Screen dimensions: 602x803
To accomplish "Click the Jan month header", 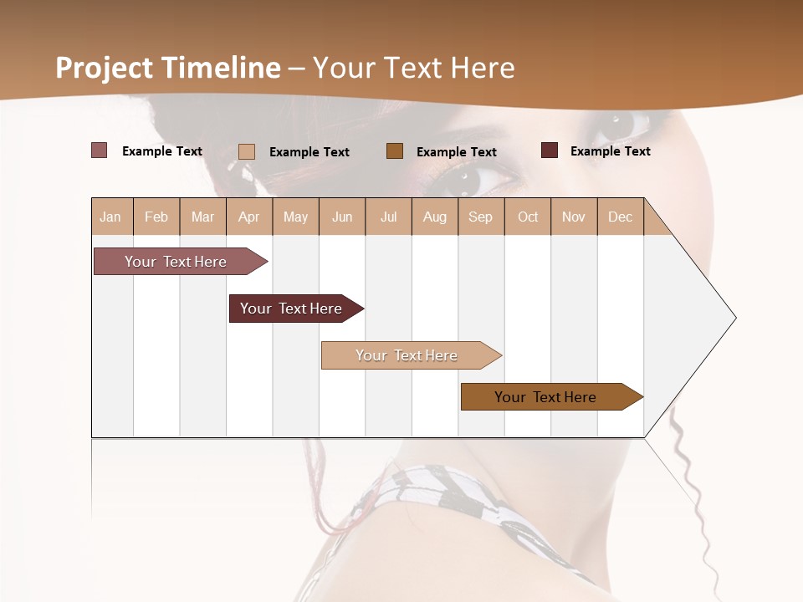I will tap(111, 217).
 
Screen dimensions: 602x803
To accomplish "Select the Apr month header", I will tap(249, 217).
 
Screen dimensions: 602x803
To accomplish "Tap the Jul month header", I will tap(388, 217).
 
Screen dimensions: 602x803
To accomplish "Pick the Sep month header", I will tap(480, 217).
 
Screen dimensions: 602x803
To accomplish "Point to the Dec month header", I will tap(620, 217).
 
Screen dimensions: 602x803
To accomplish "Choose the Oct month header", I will tap(528, 217).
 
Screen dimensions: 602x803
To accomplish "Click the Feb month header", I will tap(156, 217).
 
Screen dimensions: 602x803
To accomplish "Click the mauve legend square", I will tap(99, 150).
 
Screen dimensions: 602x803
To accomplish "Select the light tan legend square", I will tap(247, 151).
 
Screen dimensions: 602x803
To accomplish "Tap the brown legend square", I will tap(395, 150).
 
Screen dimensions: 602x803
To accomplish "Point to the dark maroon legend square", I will tap(550, 150).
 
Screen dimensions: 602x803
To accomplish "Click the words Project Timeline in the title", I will tap(168, 68).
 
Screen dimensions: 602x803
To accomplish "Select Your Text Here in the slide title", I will tap(414, 68).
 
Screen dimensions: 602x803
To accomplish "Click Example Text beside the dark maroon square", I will tap(610, 151).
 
